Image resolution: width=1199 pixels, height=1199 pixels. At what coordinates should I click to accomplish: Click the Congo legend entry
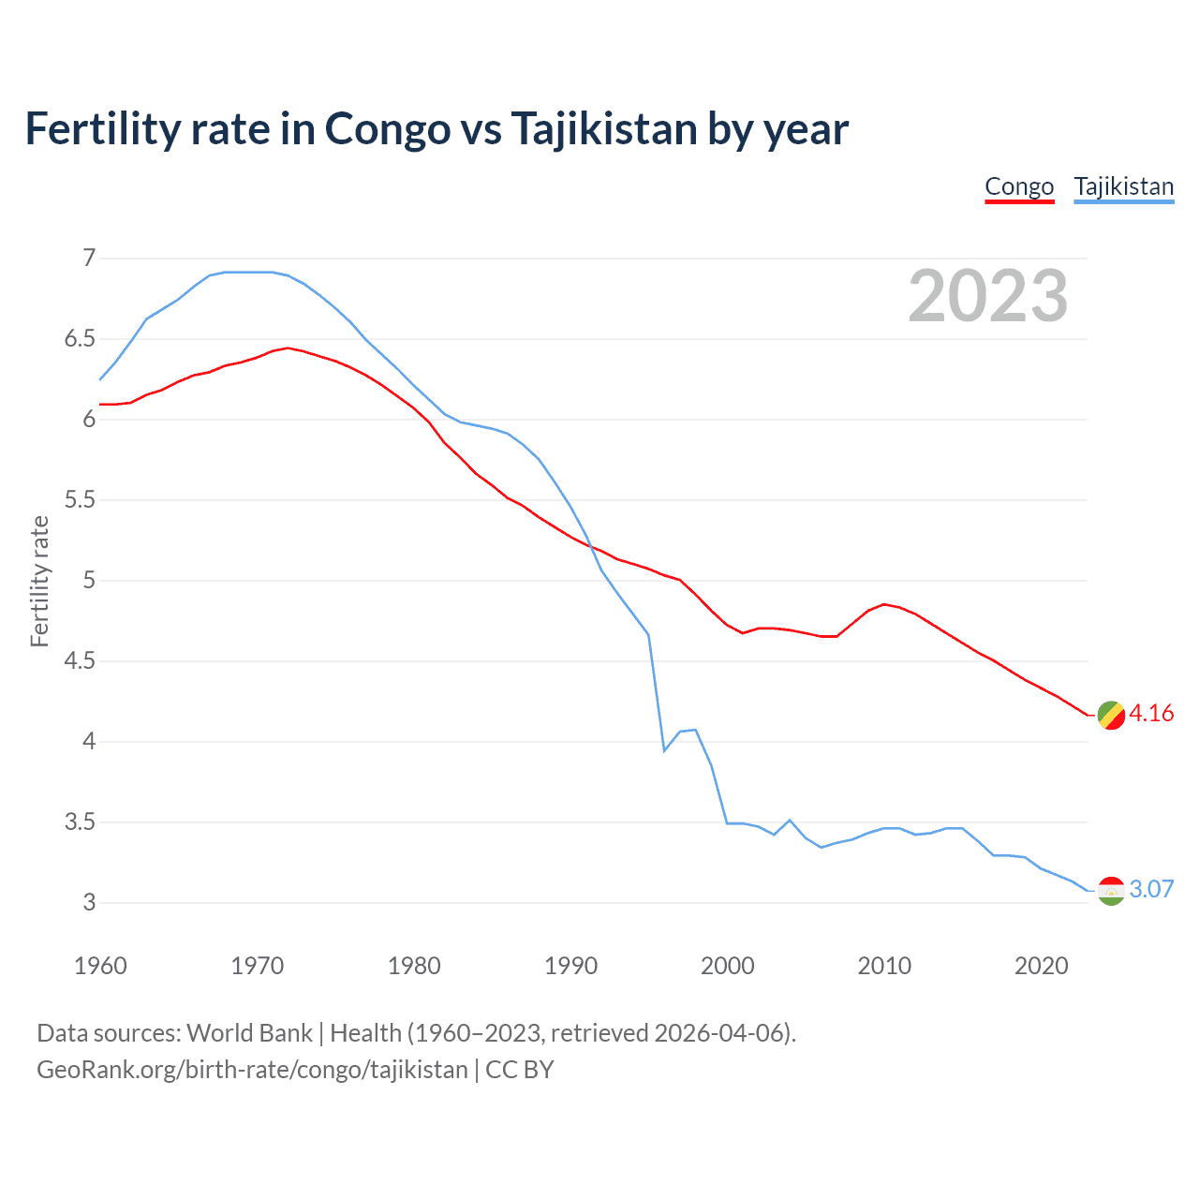[x=1019, y=186]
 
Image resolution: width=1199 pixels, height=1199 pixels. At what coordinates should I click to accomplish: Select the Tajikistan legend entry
[x=1123, y=186]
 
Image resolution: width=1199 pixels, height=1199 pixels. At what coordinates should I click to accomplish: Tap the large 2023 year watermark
[x=987, y=296]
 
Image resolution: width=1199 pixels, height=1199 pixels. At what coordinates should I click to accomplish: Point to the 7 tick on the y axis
[x=89, y=258]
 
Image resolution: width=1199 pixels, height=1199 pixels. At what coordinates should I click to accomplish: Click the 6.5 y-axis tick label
[x=80, y=338]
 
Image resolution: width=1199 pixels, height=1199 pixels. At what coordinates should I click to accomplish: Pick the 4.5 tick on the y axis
[x=80, y=661]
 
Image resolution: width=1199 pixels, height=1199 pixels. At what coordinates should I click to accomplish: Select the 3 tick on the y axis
[x=89, y=903]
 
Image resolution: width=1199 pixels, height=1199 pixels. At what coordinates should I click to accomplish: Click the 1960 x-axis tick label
[x=100, y=966]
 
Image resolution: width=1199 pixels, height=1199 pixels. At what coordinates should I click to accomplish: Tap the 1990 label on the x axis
[x=570, y=966]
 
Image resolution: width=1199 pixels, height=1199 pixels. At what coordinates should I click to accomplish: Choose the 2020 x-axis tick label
[x=1041, y=966]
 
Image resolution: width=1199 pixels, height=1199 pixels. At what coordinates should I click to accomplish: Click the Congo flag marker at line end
[x=1110, y=715]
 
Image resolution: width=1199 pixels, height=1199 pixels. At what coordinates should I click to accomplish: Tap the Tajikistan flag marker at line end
[x=1110, y=890]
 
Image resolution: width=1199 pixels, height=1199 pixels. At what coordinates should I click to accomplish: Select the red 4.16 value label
[x=1151, y=714]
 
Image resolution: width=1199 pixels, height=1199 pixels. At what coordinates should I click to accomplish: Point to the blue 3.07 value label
[x=1151, y=890]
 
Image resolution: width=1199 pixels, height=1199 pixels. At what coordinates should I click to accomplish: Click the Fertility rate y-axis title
[x=39, y=581]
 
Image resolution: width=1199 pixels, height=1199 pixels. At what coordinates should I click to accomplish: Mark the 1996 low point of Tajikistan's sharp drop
[x=664, y=750]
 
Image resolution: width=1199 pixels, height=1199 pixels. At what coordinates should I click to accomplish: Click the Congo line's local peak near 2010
[x=883, y=604]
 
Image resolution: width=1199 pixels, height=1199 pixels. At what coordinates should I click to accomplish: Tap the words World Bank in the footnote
[x=249, y=1033]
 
